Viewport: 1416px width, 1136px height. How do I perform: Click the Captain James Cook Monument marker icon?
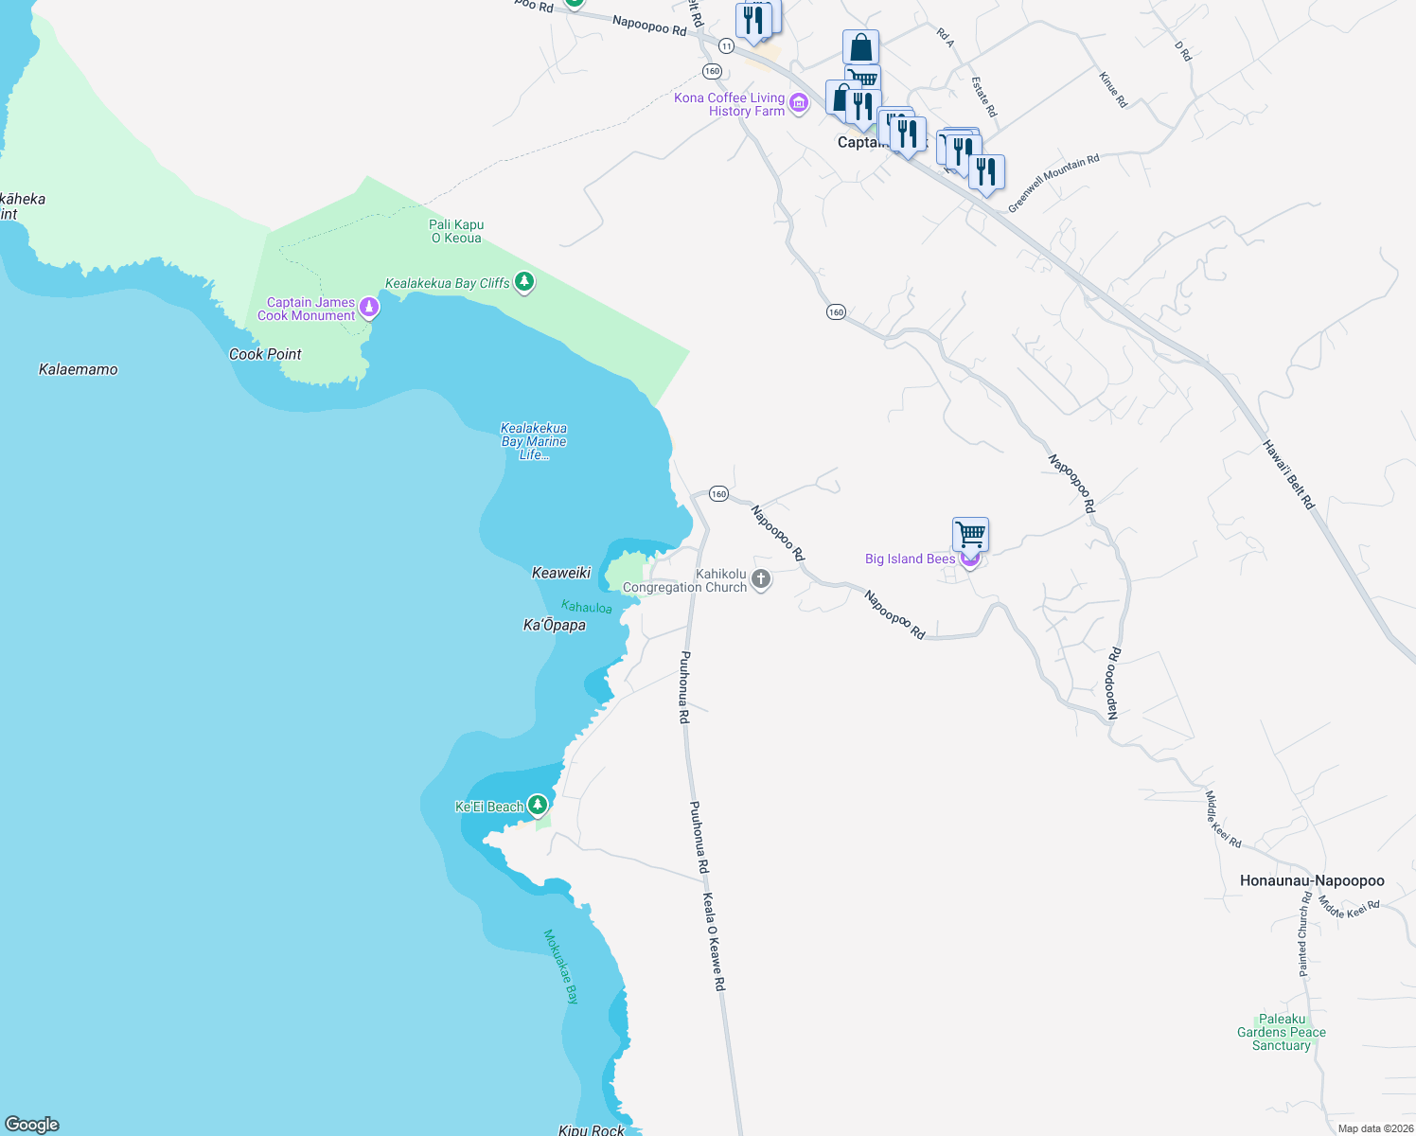[x=369, y=307]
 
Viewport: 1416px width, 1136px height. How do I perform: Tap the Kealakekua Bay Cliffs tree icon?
[x=524, y=282]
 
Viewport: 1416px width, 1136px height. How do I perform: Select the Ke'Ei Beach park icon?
[x=538, y=805]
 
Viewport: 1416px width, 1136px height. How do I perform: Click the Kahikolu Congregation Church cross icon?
[x=761, y=578]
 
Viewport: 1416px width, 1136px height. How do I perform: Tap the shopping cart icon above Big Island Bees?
[x=970, y=534]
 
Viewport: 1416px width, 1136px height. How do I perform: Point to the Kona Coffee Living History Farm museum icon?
[x=799, y=103]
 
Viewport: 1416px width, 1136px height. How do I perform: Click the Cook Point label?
[x=265, y=354]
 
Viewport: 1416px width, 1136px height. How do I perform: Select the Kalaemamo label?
[x=79, y=369]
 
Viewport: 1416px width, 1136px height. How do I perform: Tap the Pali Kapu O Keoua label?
[x=456, y=231]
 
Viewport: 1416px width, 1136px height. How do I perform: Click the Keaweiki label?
[x=561, y=573]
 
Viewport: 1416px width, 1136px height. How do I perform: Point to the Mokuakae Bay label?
[x=560, y=966]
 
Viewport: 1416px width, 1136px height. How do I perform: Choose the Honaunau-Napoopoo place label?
[x=1312, y=880]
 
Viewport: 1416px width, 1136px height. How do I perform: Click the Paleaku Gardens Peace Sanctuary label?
[x=1282, y=1032]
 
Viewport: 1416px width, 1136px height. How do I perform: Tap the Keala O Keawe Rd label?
[x=714, y=942]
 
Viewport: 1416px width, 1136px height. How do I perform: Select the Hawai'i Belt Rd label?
[x=1288, y=474]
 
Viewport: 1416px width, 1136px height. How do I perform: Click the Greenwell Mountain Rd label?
[x=1053, y=183]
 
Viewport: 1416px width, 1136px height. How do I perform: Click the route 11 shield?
[x=726, y=45]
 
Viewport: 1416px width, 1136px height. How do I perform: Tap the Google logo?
[x=32, y=1125]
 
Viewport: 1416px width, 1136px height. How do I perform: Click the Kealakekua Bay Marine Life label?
[x=534, y=441]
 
